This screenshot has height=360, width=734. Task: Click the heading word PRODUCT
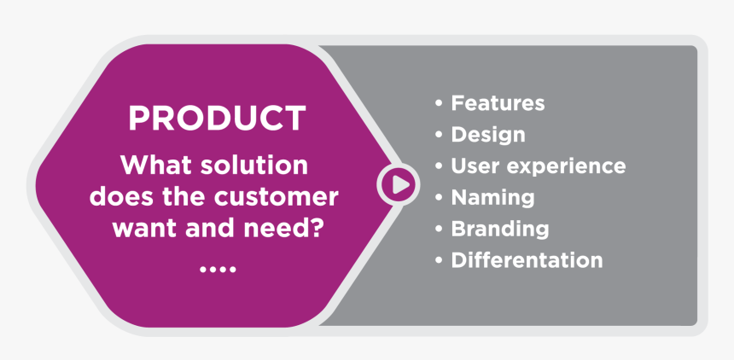216,119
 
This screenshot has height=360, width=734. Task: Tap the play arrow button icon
398,183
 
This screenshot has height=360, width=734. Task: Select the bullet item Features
498,103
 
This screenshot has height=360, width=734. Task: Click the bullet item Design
487,135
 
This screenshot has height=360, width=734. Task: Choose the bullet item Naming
492,198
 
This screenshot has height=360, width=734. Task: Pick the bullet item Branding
499,229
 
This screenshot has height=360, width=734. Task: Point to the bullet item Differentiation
527,260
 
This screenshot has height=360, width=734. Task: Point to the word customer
276,197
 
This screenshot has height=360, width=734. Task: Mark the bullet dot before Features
439,104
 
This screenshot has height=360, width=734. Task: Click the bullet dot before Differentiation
439,260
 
